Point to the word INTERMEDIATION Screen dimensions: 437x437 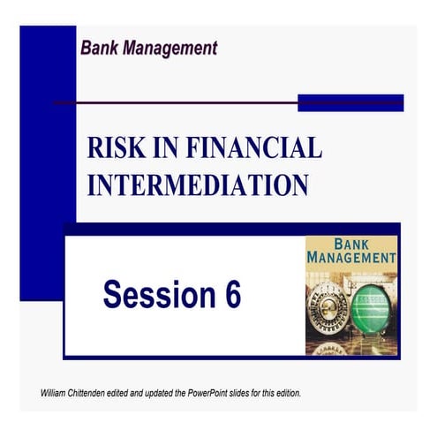point(198,185)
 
